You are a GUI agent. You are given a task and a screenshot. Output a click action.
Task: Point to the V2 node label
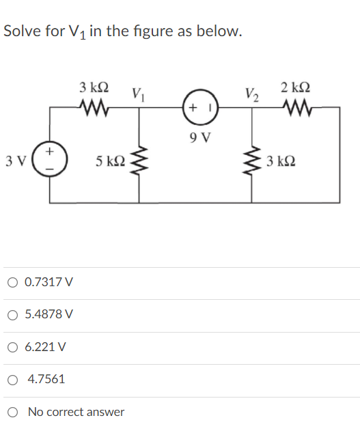click(x=251, y=93)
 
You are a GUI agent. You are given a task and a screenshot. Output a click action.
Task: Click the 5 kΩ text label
click(x=111, y=162)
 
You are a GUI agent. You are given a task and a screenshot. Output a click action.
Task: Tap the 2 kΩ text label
click(x=296, y=87)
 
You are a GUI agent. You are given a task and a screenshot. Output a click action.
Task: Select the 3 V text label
click(x=14, y=162)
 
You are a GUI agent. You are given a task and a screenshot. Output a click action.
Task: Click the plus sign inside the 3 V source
click(x=52, y=150)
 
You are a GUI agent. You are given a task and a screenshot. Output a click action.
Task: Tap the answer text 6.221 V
click(x=45, y=346)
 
